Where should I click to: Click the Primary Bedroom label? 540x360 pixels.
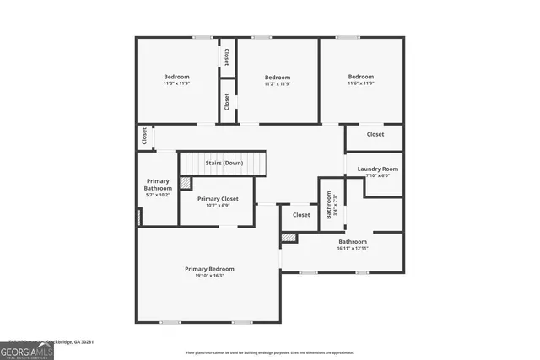[x=209, y=269]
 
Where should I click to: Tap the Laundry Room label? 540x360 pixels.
[x=378, y=169]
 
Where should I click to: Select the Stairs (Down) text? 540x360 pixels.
[x=224, y=162]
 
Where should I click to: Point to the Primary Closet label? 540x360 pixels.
[x=218, y=199]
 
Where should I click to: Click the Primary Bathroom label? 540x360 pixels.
[x=159, y=185]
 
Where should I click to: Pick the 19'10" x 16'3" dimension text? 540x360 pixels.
[x=209, y=276]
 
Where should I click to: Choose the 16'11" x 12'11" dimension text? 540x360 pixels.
[x=353, y=248]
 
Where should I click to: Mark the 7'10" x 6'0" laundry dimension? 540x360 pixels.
[x=378, y=175]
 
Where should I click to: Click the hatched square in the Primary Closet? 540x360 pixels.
[x=186, y=183]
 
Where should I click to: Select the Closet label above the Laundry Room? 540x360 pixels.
[x=375, y=134]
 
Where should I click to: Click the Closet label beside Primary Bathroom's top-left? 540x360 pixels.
[x=144, y=136]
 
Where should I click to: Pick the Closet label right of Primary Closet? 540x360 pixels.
[x=301, y=215]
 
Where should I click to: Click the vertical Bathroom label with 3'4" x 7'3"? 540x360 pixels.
[x=329, y=206]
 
